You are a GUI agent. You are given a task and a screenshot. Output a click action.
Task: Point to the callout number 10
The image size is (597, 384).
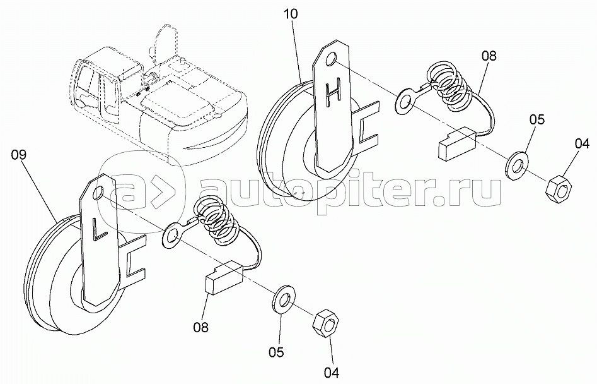pos(291,14)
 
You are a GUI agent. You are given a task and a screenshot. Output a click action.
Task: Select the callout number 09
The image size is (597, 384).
pos(19,155)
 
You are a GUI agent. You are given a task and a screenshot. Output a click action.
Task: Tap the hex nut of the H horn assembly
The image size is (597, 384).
pos(559,186)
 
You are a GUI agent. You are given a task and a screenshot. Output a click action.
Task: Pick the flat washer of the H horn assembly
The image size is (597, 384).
pos(516,165)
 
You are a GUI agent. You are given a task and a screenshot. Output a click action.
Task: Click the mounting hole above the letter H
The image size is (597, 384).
pos(331,59)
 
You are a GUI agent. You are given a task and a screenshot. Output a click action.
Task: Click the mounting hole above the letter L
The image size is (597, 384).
pos(98,193)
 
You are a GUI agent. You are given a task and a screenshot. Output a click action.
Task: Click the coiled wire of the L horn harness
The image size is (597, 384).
pos(215,221)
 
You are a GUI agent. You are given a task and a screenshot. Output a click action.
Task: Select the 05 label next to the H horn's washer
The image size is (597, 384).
pos(536,119)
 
